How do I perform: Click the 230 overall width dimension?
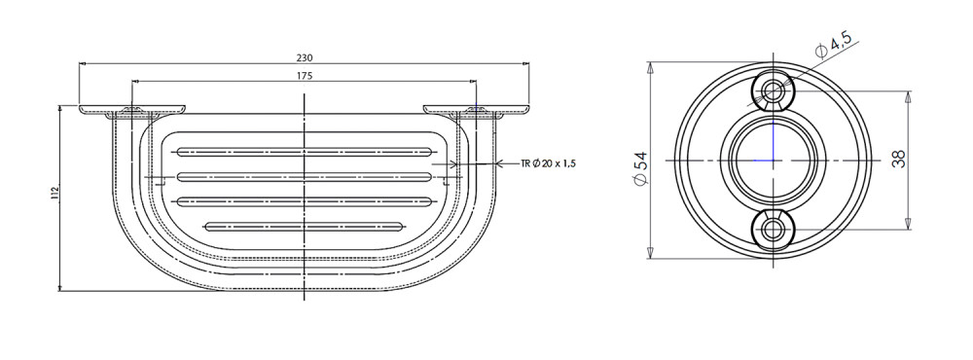click(305, 57)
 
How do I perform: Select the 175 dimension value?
click(305, 76)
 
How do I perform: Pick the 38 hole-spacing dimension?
click(899, 160)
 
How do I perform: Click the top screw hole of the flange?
click(774, 91)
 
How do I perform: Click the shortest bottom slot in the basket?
click(303, 226)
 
